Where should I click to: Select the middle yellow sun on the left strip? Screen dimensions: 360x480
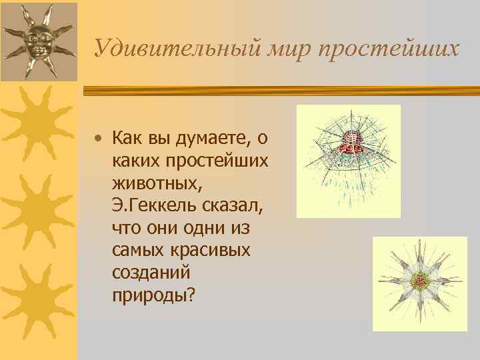(x=36, y=208)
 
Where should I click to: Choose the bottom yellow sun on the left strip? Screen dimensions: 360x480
(x=36, y=295)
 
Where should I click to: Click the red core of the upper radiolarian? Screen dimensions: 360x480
(x=347, y=142)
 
